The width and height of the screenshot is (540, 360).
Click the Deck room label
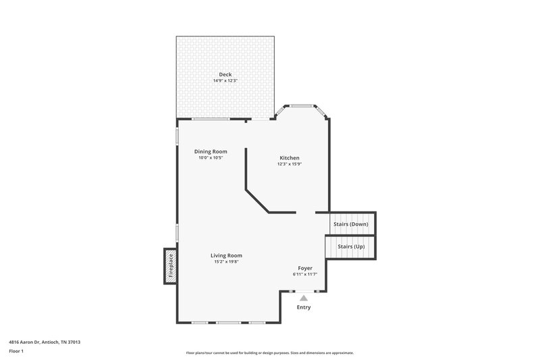(225, 74)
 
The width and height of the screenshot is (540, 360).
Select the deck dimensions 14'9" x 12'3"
(225, 81)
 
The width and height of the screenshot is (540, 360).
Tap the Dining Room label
(211, 151)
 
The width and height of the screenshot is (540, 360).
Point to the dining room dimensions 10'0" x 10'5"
(211, 158)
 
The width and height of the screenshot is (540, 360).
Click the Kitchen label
(289, 157)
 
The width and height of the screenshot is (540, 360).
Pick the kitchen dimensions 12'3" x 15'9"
(289, 164)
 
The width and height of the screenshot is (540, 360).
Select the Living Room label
(226, 255)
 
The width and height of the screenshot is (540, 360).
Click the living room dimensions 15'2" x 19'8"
(226, 262)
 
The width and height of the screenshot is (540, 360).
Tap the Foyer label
(304, 268)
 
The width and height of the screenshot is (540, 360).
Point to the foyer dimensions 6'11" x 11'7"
(304, 275)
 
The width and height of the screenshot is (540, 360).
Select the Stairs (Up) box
(351, 247)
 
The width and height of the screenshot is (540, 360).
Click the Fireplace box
(170, 265)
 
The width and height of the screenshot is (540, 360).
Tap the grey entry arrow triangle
(304, 297)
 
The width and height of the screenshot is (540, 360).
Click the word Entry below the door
(304, 307)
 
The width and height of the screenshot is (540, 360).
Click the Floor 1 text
(16, 352)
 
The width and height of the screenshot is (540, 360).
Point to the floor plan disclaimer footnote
(270, 353)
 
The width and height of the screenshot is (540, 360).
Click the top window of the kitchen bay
(301, 105)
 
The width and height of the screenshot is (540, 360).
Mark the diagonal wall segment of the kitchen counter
(257, 201)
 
